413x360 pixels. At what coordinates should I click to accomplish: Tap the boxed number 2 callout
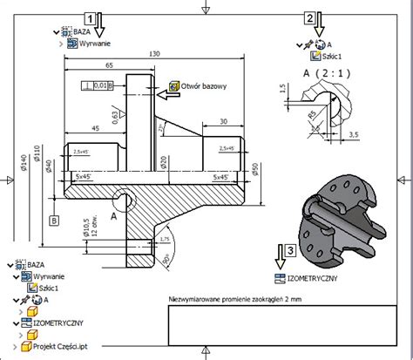tap(308, 17)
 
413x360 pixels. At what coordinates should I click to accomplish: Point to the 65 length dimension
tap(109, 65)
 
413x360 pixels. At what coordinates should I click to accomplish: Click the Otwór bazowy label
tap(204, 86)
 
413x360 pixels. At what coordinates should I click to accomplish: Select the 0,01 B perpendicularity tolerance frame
tap(97, 85)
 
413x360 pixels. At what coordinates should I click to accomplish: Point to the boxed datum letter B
tap(54, 221)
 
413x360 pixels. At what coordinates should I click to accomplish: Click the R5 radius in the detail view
tap(310, 113)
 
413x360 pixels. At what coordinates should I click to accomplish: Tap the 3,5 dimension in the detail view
tap(353, 135)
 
